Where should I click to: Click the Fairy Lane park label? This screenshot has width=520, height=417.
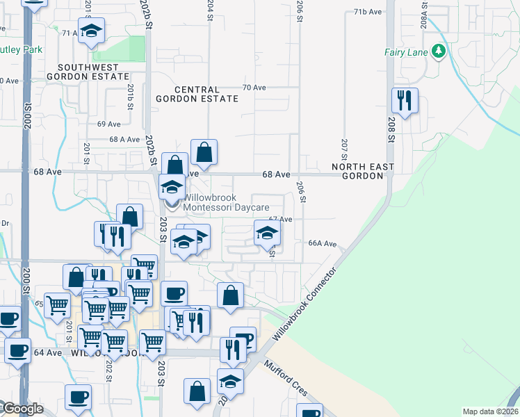406,51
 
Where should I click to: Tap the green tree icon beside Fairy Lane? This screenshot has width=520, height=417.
438,51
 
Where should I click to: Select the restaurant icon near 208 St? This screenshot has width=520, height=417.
404,101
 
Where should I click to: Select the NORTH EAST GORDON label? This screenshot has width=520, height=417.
362,172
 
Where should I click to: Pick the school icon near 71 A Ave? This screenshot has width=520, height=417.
91,31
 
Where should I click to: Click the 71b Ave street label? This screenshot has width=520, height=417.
368,13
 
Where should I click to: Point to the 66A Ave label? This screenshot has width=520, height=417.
323,244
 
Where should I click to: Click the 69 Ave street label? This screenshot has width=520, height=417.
109,124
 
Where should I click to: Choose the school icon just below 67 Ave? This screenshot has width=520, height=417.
266,234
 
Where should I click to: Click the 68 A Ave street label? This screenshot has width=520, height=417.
125,139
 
